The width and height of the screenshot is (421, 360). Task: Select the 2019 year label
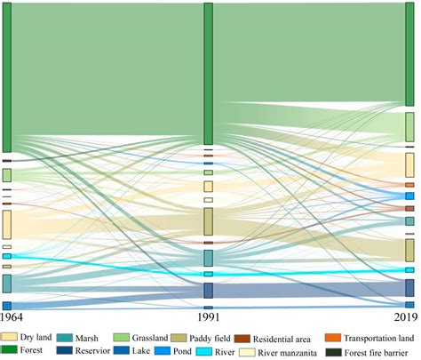[406, 317]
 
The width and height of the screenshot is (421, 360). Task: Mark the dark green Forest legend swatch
[11, 351]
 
